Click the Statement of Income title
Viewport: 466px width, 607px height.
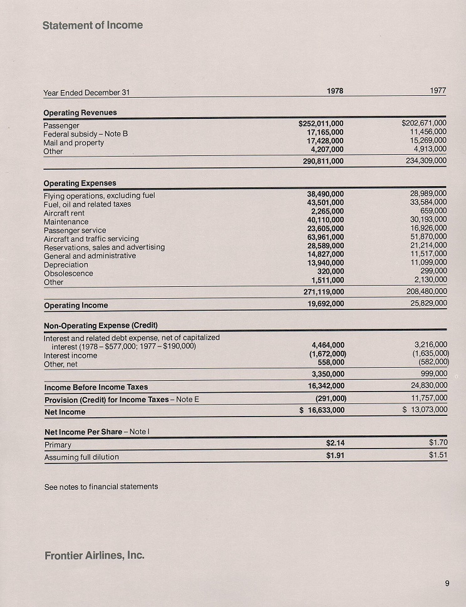pyautogui.click(x=93, y=26)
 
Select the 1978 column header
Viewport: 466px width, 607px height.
pyautogui.click(x=335, y=91)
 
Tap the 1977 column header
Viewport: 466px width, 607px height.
pyautogui.click(x=438, y=91)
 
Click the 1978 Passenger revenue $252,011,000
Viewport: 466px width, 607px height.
pyautogui.click(x=321, y=124)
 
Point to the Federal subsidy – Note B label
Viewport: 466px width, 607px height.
pyautogui.click(x=85, y=134)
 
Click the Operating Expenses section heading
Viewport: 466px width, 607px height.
pyautogui.click(x=80, y=184)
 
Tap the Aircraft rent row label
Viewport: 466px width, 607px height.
pyautogui.click(x=64, y=213)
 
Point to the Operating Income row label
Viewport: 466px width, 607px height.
pyautogui.click(x=76, y=306)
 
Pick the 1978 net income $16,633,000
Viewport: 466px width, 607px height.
pyautogui.click(x=321, y=410)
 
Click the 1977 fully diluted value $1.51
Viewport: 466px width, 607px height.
pyautogui.click(x=438, y=455)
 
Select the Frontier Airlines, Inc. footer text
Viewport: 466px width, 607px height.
pyautogui.click(x=95, y=555)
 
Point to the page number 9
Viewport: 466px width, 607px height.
pyautogui.click(x=447, y=584)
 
